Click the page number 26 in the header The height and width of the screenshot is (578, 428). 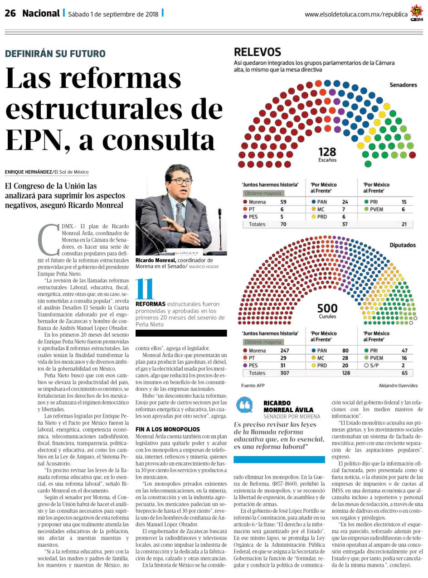[x=10, y=13]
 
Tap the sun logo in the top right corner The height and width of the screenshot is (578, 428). [x=416, y=12]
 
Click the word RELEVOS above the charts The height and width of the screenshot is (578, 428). [x=258, y=52]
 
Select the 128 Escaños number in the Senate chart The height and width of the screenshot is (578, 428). [x=327, y=152]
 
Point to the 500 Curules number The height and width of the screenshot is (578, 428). [x=327, y=308]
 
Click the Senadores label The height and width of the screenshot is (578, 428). [x=403, y=85]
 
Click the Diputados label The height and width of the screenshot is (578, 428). [x=403, y=245]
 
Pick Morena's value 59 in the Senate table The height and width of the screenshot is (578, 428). [x=283, y=202]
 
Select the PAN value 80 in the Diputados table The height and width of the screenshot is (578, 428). [x=345, y=351]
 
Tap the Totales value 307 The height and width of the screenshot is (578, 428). [x=285, y=373]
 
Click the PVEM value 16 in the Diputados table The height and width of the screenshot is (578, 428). [x=404, y=358]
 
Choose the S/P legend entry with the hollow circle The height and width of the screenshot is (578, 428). [x=371, y=366]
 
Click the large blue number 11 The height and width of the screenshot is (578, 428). [x=144, y=289]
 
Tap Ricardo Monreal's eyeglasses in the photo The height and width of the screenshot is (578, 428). [x=181, y=181]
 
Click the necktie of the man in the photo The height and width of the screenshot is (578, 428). [x=180, y=214]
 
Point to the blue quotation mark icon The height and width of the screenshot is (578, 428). [x=244, y=405]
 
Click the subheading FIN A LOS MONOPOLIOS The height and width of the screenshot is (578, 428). [x=168, y=429]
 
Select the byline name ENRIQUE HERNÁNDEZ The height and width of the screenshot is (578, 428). [x=29, y=172]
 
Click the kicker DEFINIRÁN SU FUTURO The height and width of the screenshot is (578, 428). [x=55, y=53]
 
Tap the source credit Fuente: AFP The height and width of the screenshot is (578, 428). [x=253, y=385]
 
